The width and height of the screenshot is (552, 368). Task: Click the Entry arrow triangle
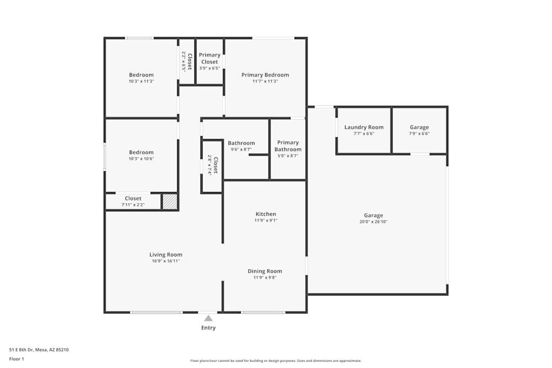pos(208,318)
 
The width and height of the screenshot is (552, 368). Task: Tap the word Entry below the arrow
pos(208,328)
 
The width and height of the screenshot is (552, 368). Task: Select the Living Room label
pos(166,255)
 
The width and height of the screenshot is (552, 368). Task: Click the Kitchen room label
pos(266,214)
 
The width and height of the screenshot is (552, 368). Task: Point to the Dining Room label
pos(265,271)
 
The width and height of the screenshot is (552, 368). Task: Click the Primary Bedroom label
pos(265,75)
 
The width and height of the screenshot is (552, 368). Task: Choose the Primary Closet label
pos(210,58)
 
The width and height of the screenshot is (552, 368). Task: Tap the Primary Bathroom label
pos(288,146)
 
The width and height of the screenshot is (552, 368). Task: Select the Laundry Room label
pos(364,127)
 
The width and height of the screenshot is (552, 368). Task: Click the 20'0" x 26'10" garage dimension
pos(373,222)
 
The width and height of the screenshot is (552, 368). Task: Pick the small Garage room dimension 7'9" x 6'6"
pos(419,134)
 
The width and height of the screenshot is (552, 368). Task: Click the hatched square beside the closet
pos(169,201)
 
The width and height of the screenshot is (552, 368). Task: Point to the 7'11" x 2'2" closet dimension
pos(133,205)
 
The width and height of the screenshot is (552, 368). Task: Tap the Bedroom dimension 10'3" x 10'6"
pos(141,158)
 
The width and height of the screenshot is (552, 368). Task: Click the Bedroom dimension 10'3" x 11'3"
pos(141,81)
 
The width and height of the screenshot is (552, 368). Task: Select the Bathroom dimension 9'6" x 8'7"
pos(241,149)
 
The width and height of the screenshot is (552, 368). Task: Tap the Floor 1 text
pos(17,359)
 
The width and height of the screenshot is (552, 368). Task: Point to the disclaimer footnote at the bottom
pos(276,361)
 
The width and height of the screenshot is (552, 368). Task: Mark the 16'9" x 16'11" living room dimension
pos(166,261)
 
